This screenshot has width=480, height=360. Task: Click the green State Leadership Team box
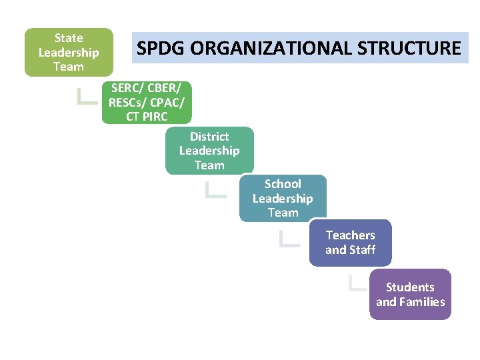69,52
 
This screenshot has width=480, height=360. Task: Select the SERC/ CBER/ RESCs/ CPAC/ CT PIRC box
147,102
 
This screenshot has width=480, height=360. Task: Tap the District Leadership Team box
209,151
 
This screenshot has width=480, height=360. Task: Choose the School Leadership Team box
283,198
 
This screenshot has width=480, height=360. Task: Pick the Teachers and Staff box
350,243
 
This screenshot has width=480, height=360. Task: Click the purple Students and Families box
410,294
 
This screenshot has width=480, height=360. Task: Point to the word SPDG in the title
161,49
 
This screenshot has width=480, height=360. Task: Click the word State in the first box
69,38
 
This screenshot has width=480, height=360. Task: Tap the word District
209,137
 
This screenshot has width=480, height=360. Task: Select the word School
283,184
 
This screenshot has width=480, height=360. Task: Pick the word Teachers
350,235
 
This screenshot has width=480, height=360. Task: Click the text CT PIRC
147,117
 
